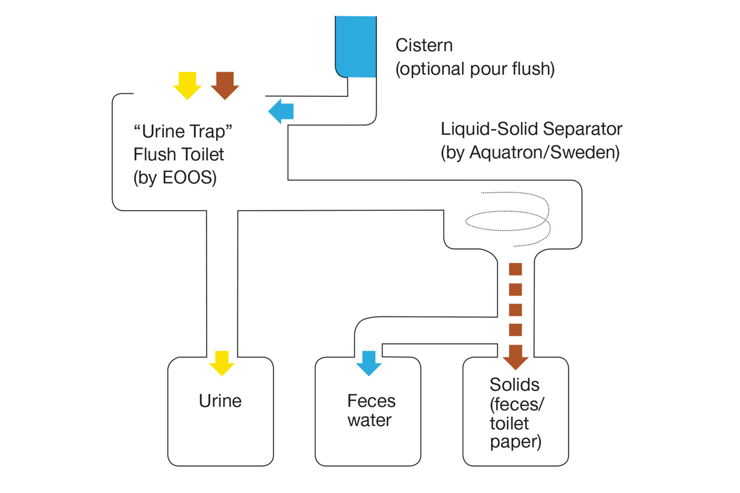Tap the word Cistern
[x=424, y=45]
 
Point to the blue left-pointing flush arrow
[x=281, y=111]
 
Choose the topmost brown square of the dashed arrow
[x=515, y=269]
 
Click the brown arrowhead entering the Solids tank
[x=515, y=357]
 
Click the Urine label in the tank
[x=220, y=401]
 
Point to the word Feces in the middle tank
[x=371, y=401]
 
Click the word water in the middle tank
[x=369, y=420]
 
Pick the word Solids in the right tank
[x=514, y=384]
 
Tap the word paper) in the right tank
[x=515, y=442]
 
